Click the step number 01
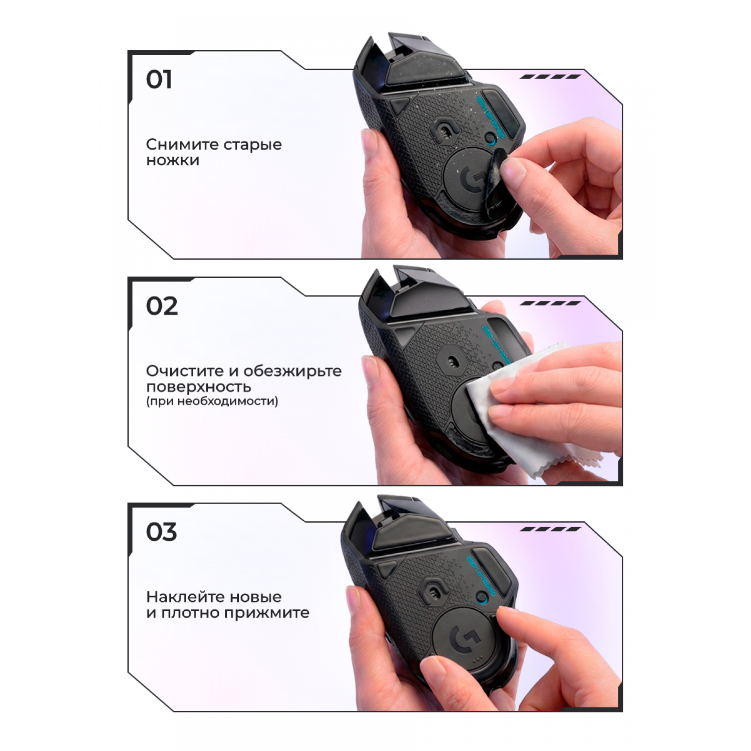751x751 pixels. [x=159, y=80]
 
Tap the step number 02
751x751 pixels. [x=162, y=306]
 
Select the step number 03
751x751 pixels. [x=161, y=532]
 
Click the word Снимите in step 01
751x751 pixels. [x=182, y=144]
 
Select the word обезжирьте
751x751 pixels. [x=293, y=371]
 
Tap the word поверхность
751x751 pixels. [x=199, y=387]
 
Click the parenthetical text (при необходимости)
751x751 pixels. [x=212, y=401]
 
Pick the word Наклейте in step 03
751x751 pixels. [x=186, y=597]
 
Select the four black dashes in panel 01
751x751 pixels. [x=551, y=77]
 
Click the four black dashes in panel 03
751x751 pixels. [x=551, y=529]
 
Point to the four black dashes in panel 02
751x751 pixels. [x=551, y=303]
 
